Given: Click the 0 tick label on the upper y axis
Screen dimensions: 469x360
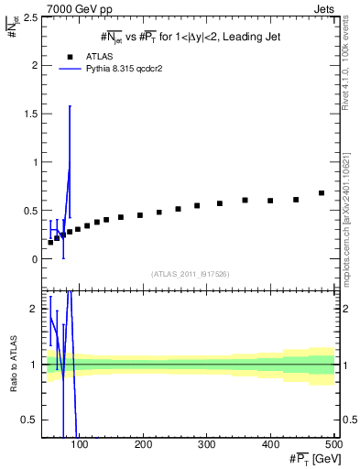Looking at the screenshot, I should click(x=36, y=259).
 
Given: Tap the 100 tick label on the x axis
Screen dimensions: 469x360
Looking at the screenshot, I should click(x=80, y=444).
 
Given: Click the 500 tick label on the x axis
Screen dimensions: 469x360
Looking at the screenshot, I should click(x=333, y=444).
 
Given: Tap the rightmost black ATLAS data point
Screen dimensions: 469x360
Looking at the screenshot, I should click(x=322, y=193).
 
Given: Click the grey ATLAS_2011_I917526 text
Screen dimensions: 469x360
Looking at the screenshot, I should click(x=190, y=274).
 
